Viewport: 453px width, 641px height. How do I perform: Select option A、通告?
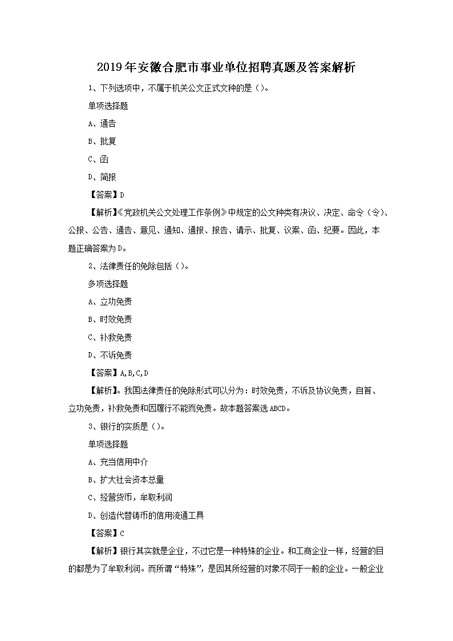coord(102,123)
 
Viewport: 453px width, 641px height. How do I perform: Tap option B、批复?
coord(102,141)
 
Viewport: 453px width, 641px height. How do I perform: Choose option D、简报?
coord(102,177)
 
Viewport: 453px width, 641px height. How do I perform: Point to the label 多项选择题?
coord(108,284)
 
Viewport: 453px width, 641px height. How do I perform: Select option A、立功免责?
coord(110,301)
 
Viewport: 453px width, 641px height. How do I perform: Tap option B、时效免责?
coord(110,319)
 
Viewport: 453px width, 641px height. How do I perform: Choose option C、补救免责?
coord(110,337)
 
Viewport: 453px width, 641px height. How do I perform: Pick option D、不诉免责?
coord(110,355)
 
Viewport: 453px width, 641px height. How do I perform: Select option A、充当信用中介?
coord(118,462)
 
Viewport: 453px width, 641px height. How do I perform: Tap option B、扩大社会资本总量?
coord(126,479)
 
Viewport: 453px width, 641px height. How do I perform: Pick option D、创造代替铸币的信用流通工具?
coord(146,515)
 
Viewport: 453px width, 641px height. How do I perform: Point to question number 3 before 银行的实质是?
coord(90,426)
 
